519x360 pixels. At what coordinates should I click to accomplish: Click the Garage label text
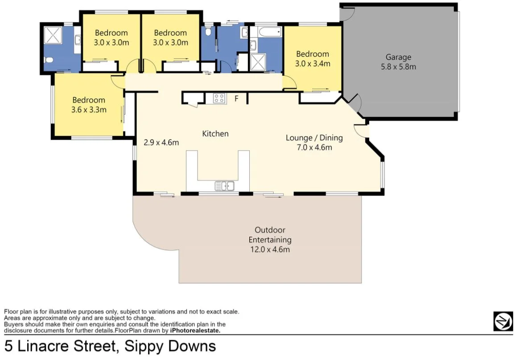click(x=398, y=57)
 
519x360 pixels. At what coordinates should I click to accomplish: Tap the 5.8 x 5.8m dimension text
click(x=398, y=67)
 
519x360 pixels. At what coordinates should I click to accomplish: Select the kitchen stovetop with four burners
click(x=219, y=98)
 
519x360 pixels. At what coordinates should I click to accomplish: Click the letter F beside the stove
click(x=237, y=98)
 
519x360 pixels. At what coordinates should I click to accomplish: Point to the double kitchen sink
click(x=224, y=185)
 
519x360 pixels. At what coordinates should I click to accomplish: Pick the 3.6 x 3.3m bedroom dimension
click(x=89, y=110)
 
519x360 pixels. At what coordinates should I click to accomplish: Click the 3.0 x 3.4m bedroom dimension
click(x=313, y=64)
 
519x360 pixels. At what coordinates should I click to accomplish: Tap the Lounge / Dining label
click(x=314, y=138)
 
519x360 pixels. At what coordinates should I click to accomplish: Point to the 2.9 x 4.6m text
click(x=161, y=143)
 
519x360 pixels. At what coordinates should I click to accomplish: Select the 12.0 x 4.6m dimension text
click(x=270, y=250)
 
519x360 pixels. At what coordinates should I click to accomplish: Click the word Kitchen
click(x=215, y=134)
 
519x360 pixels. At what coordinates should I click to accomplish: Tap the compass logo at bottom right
click(x=503, y=321)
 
